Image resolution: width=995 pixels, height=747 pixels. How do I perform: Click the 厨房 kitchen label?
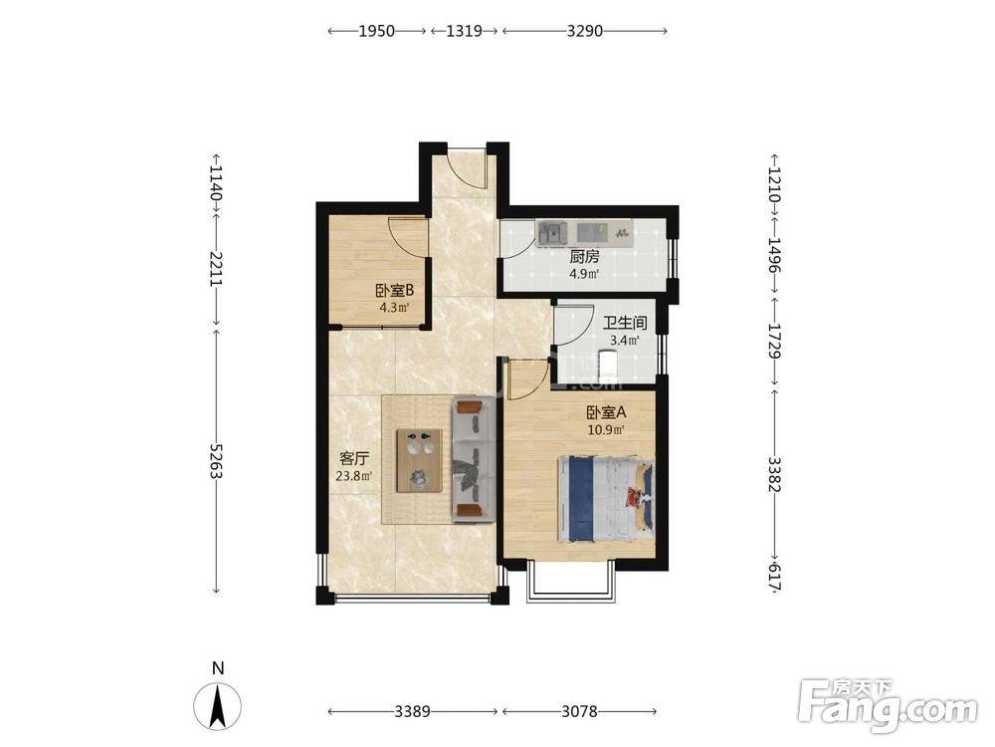(584, 257)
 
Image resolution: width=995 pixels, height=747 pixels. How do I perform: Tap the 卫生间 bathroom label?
(625, 323)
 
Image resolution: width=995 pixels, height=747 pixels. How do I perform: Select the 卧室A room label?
(606, 412)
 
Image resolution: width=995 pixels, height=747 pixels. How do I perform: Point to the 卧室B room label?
(394, 291)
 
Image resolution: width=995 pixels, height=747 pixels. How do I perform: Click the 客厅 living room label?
(354, 458)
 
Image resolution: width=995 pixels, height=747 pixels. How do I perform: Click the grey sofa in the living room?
(473, 459)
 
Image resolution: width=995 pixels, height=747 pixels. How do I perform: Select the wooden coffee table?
(420, 460)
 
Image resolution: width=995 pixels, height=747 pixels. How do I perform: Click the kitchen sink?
(553, 233)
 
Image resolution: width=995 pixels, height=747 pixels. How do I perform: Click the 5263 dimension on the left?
(216, 461)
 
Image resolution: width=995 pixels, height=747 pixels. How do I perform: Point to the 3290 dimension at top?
(584, 31)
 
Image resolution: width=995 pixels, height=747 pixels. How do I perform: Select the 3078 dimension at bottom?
(579, 711)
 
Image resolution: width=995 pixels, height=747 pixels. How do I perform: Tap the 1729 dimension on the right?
(773, 341)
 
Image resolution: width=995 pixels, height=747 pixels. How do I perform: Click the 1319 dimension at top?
(464, 31)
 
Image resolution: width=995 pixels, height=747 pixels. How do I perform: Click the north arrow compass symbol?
(218, 706)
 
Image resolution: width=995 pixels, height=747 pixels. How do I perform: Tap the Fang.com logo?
(888, 705)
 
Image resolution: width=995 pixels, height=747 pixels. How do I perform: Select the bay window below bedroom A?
(571, 582)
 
